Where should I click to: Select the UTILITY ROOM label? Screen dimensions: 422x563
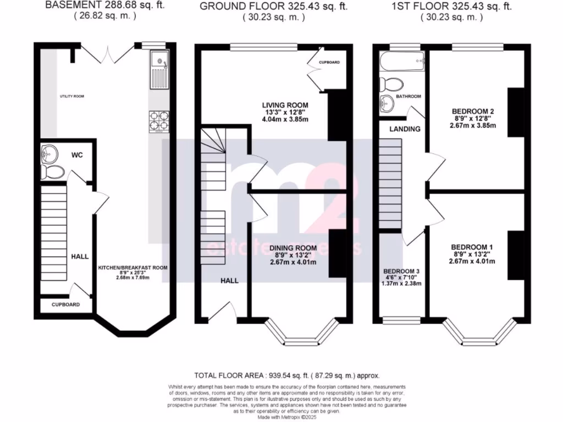72,97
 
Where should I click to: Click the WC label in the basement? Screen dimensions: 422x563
77,156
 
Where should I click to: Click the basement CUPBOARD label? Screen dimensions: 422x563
66,304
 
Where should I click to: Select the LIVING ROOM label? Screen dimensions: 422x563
285,105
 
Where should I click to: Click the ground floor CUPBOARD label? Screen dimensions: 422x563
329,63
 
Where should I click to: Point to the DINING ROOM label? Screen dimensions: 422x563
293,247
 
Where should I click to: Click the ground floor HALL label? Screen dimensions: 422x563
229,281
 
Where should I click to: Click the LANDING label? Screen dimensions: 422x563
405,129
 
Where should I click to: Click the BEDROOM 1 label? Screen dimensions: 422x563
472,247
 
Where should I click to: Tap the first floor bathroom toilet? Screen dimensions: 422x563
391,85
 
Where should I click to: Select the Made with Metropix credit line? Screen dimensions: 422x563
281,416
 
